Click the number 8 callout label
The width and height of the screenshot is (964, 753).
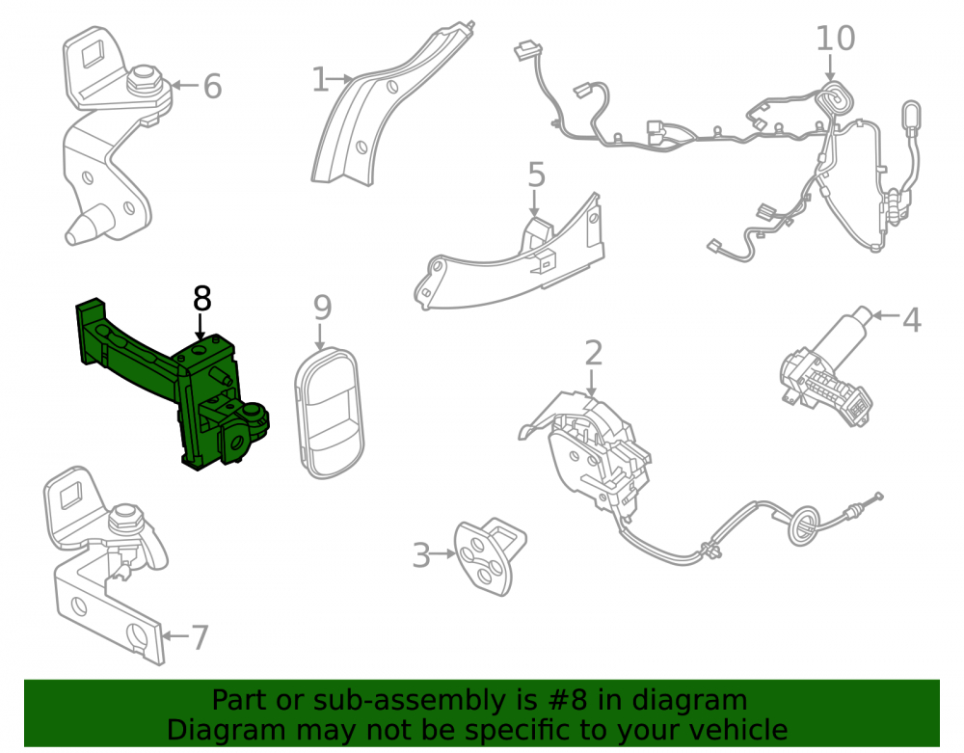point(201,299)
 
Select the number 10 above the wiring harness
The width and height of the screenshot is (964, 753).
point(835,39)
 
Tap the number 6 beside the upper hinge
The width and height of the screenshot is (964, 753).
point(212,86)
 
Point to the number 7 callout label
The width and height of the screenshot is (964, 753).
point(200,637)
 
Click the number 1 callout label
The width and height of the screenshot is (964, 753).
point(320,80)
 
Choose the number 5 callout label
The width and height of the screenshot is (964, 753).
point(536,175)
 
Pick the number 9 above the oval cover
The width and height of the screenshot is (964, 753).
point(322,308)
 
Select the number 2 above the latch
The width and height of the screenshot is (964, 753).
point(593,353)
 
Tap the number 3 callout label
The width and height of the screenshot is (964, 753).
point(421,555)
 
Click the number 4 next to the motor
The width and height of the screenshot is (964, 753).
point(911,320)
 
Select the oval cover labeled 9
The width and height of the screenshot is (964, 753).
point(330,413)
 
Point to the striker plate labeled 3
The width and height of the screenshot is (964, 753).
point(489,556)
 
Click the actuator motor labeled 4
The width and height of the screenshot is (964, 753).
point(828,367)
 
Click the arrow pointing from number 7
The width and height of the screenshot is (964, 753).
point(175,635)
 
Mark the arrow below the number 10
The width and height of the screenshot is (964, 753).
point(830,67)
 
